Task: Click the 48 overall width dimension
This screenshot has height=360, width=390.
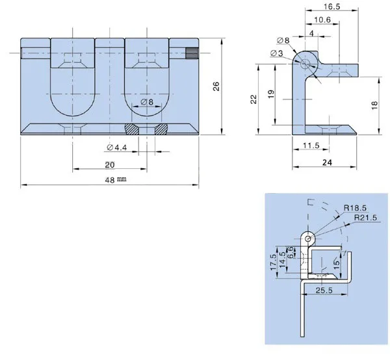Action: point(110,180)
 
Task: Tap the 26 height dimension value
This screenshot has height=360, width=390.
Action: point(216,86)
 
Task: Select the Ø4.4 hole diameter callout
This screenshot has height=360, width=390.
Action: point(116,148)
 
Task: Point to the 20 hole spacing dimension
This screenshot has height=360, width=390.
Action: point(110,165)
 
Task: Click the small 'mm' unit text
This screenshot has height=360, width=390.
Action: point(122,179)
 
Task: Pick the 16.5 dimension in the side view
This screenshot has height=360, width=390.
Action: point(331,6)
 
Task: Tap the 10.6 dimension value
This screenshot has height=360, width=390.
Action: point(322,19)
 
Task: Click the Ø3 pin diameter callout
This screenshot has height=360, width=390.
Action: point(276,53)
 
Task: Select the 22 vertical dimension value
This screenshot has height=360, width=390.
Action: point(253,99)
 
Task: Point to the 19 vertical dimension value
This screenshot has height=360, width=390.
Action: point(272,94)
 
